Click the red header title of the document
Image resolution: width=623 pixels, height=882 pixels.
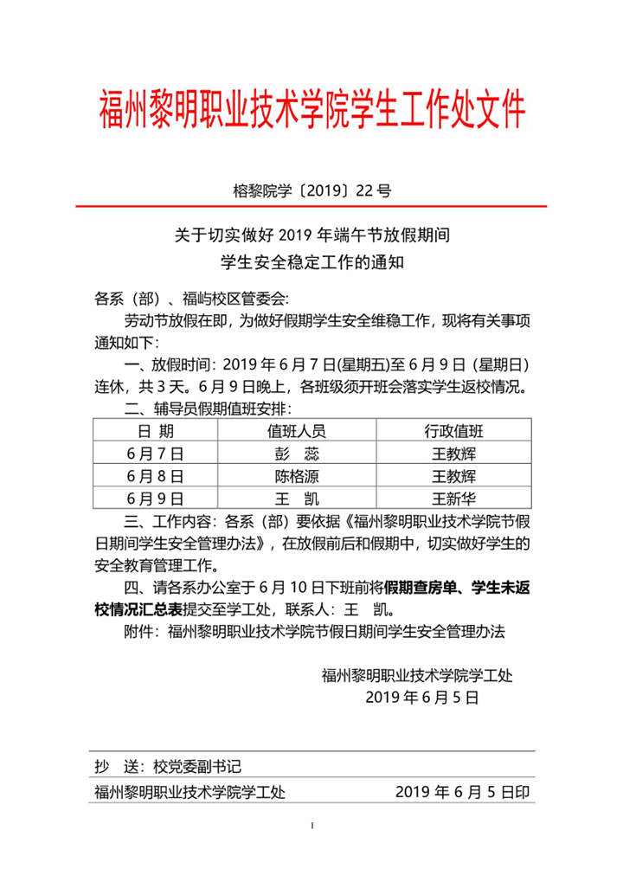coord(311,111)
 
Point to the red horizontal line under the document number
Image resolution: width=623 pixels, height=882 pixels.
coord(311,207)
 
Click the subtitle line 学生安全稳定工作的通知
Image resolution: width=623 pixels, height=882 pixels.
coord(311,261)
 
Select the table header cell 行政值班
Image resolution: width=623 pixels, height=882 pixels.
coord(453,431)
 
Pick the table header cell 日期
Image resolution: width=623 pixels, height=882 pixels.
coord(155,431)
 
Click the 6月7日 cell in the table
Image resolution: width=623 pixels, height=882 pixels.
coord(155,453)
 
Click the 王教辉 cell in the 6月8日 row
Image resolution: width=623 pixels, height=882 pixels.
coord(453,475)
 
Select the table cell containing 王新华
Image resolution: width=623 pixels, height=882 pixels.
coord(453,498)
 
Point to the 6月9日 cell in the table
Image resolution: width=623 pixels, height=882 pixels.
coord(155,498)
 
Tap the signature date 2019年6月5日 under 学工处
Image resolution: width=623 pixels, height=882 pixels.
coord(422,697)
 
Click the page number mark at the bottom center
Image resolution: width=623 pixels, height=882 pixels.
coord(311,826)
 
